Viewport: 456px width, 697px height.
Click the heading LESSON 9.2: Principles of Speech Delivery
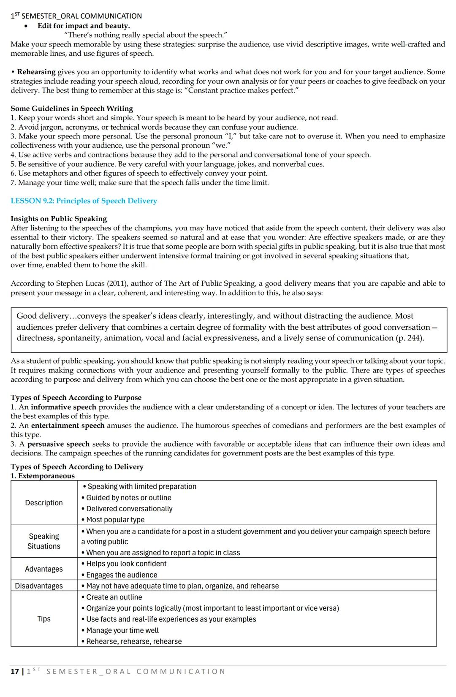(84, 201)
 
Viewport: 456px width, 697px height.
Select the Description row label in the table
(43, 503)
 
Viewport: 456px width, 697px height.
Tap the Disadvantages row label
(39, 586)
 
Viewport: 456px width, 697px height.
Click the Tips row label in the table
(43, 619)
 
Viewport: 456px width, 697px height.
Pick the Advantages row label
(43, 569)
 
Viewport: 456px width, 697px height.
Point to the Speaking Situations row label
(43, 541)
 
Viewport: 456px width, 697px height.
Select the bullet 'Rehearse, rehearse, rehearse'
(133, 641)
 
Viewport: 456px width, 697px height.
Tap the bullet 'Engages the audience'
(121, 575)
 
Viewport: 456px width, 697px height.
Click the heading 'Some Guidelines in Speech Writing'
(72, 108)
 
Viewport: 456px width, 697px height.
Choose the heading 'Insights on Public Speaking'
(59, 219)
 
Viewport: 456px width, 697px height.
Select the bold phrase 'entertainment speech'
(68, 426)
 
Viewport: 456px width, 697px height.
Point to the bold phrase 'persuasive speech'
(58, 444)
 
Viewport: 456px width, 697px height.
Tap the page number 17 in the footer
(14, 671)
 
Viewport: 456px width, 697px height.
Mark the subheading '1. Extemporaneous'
(43, 476)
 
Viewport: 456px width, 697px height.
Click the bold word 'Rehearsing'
(36, 72)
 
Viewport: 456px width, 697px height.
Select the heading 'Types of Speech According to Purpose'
(76, 398)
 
